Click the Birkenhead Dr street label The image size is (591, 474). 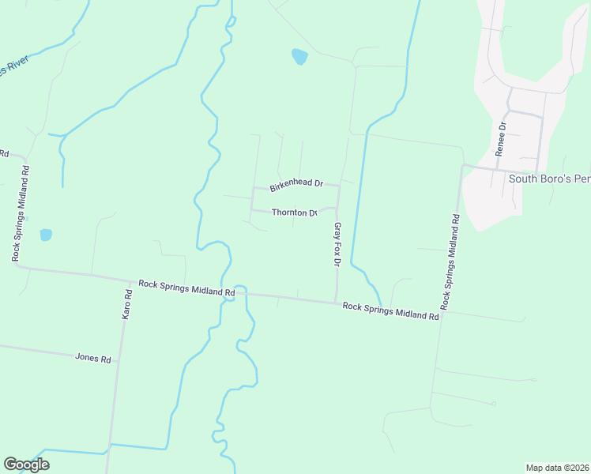click(x=296, y=185)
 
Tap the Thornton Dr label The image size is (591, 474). click(x=294, y=213)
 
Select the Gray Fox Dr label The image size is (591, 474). click(x=337, y=244)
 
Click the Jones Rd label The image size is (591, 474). click(x=93, y=357)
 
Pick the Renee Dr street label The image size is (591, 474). click(x=501, y=139)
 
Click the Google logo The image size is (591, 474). click(x=26, y=465)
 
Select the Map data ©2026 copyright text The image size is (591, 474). click(x=558, y=467)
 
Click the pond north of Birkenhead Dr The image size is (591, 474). click(x=299, y=57)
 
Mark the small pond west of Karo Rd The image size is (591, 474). click(x=46, y=235)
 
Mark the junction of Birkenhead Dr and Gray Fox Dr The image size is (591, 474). click(x=339, y=186)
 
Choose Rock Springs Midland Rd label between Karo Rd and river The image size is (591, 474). click(x=186, y=287)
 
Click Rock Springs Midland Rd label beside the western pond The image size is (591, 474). click(x=21, y=213)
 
